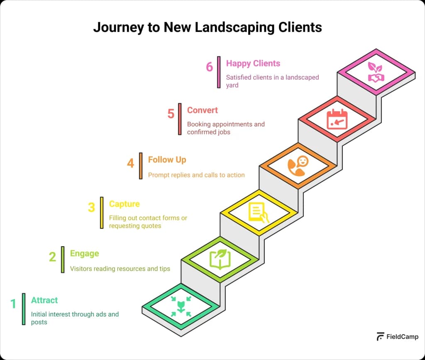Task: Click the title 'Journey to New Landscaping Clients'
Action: pyautogui.click(x=208, y=27)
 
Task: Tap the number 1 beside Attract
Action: pyautogui.click(x=13, y=304)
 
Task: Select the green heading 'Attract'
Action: pyautogui.click(x=44, y=300)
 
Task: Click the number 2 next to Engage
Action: pyautogui.click(x=52, y=257)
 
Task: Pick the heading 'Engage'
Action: pyautogui.click(x=84, y=253)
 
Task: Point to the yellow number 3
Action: pyautogui.click(x=91, y=207)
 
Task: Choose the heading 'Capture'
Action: pyautogui.click(x=124, y=204)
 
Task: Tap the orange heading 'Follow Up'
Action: pyautogui.click(x=167, y=160)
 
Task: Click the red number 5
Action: pyautogui.click(x=171, y=114)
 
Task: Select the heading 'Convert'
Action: pyautogui.click(x=202, y=110)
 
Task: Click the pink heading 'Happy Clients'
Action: pyautogui.click(x=253, y=64)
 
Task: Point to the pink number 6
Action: pyautogui.click(x=210, y=66)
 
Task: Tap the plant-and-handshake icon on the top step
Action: pyautogui.click(x=376, y=72)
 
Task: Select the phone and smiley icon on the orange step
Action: pyautogui.click(x=298, y=165)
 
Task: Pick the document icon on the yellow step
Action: pyautogui.click(x=259, y=212)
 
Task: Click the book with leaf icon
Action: pyautogui.click(x=220, y=259)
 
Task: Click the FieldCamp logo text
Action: pyautogui.click(x=401, y=337)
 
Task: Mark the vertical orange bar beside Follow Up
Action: pyautogui.click(x=141, y=166)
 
